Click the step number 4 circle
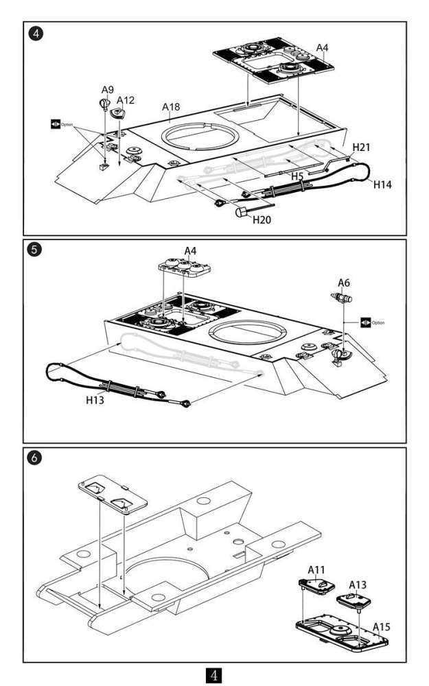click(x=36, y=33)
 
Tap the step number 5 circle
click(x=34, y=250)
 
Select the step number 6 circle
click(x=34, y=458)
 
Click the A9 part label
click(x=107, y=90)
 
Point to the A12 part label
click(x=125, y=100)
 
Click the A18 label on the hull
click(x=171, y=107)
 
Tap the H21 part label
click(x=361, y=147)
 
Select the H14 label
click(x=382, y=185)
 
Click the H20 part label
click(x=262, y=220)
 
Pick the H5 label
click(x=297, y=176)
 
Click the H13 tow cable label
click(x=95, y=400)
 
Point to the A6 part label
click(x=344, y=283)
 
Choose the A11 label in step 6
click(x=316, y=569)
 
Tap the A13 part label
click(x=357, y=585)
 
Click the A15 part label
click(x=381, y=627)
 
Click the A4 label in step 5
click(x=190, y=251)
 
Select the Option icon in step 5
click(x=366, y=322)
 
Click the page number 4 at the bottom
click(x=213, y=675)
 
